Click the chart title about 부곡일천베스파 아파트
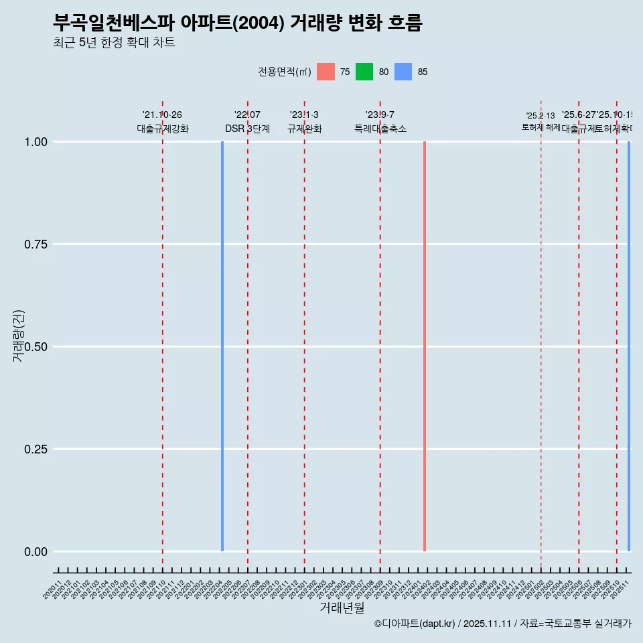click(237, 23)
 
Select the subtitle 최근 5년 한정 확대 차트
click(114, 43)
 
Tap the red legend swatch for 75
click(326, 72)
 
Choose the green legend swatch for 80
click(364, 72)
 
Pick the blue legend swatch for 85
click(403, 72)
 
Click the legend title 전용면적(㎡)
click(284, 72)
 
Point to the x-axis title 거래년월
click(342, 608)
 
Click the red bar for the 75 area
click(425, 346)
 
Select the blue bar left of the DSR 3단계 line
click(222, 346)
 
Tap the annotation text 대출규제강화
click(163, 129)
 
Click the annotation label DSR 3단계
click(247, 129)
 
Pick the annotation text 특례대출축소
click(380, 129)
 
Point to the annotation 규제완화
click(305, 129)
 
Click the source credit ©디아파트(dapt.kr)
click(415, 624)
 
